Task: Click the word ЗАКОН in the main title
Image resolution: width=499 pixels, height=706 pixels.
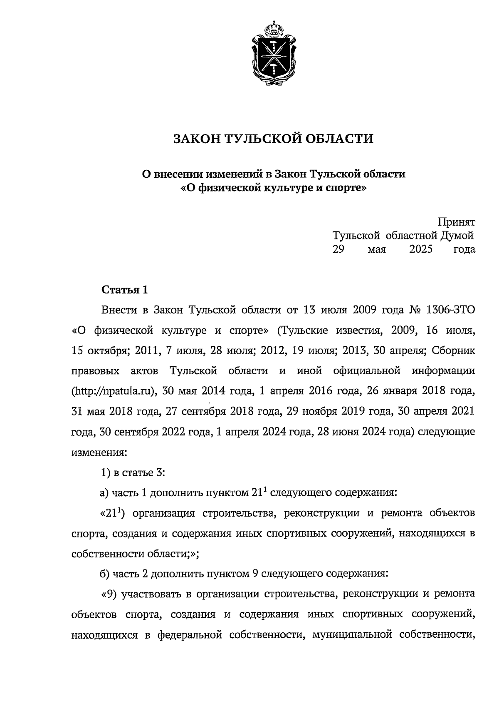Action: tap(195, 138)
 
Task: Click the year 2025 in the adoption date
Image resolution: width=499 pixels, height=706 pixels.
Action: tap(421, 249)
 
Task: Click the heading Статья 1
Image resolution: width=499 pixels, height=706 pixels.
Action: tap(125, 290)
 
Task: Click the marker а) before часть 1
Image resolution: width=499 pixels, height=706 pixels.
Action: tap(104, 493)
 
